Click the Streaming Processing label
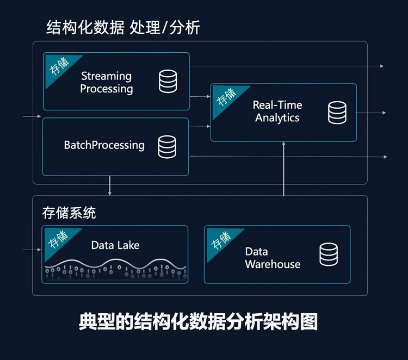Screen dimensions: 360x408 [107, 82]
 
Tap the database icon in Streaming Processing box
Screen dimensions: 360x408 [168, 81]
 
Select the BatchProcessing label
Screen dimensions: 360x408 [104, 145]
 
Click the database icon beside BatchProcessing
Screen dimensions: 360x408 [167, 146]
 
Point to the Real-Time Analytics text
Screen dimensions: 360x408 [277, 111]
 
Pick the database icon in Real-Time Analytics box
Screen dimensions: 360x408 [337, 112]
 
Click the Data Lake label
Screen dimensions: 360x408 [115, 245]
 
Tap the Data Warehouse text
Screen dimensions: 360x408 [272, 258]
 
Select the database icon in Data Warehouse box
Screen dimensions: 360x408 [328, 255]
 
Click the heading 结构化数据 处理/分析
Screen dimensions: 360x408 [123, 27]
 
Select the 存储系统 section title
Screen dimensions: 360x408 [69, 213]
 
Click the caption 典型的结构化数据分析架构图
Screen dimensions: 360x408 [198, 321]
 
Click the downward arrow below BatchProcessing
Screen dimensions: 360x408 [110, 185]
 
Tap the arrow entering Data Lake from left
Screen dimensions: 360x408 [33, 250]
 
